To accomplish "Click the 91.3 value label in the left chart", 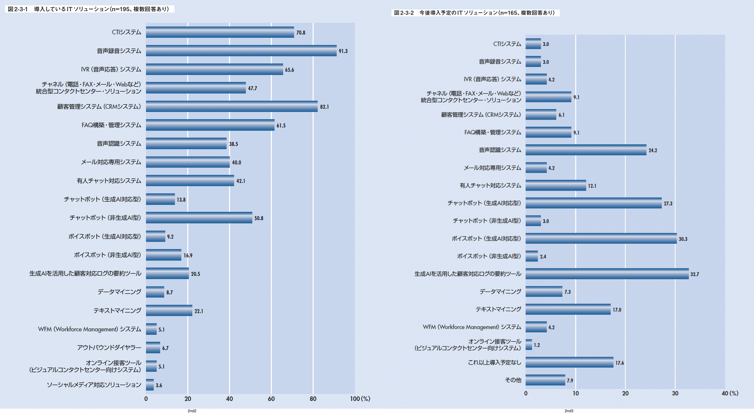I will click(343, 51).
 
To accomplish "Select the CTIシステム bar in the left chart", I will click(220, 32).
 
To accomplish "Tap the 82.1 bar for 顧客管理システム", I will click(231, 107).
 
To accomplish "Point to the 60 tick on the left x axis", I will click(271, 399).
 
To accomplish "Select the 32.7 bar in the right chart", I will click(607, 274).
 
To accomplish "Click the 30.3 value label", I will click(683, 239).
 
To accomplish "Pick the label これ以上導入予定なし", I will click(494, 362).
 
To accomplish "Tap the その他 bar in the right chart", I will click(545, 380).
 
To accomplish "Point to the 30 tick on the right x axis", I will click(675, 393).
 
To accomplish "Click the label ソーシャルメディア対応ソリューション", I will click(94, 385).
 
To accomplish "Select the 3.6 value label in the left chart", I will click(159, 385).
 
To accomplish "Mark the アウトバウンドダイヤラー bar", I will click(153, 347).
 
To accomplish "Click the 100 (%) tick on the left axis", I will click(360, 399).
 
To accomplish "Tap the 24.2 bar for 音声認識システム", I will click(586, 150).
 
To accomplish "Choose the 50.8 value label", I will click(259, 218).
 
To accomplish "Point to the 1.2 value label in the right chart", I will click(537, 345).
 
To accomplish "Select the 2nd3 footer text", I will click(569, 411).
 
